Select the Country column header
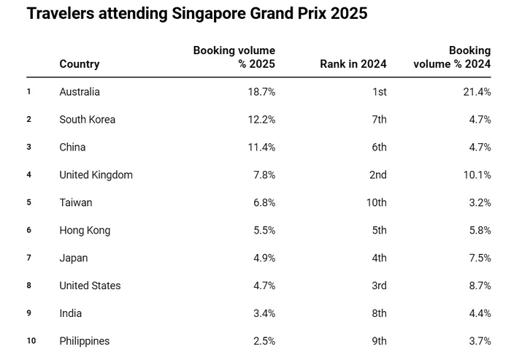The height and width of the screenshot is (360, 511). (x=79, y=64)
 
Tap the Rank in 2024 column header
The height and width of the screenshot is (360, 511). (x=353, y=64)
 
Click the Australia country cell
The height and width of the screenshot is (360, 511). (x=80, y=92)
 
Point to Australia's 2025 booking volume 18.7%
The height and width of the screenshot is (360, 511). (x=261, y=92)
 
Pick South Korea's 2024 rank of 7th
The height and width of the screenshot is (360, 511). (x=378, y=120)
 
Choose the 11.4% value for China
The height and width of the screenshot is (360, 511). (x=261, y=148)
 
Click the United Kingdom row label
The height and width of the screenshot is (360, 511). (x=96, y=175)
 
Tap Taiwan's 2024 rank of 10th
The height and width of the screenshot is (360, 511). (x=376, y=203)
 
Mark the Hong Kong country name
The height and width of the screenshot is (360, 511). (x=85, y=231)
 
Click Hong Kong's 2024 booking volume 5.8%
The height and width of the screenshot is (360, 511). (x=480, y=231)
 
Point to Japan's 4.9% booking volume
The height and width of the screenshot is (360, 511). (x=264, y=258)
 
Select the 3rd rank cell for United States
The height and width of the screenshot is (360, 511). (x=378, y=286)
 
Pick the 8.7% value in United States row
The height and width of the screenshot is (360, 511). (x=480, y=286)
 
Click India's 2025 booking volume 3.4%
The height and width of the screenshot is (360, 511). (x=264, y=314)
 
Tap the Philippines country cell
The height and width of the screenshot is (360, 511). (x=84, y=342)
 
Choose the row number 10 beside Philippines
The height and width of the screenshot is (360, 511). (x=31, y=341)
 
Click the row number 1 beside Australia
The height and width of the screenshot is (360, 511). (x=29, y=91)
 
